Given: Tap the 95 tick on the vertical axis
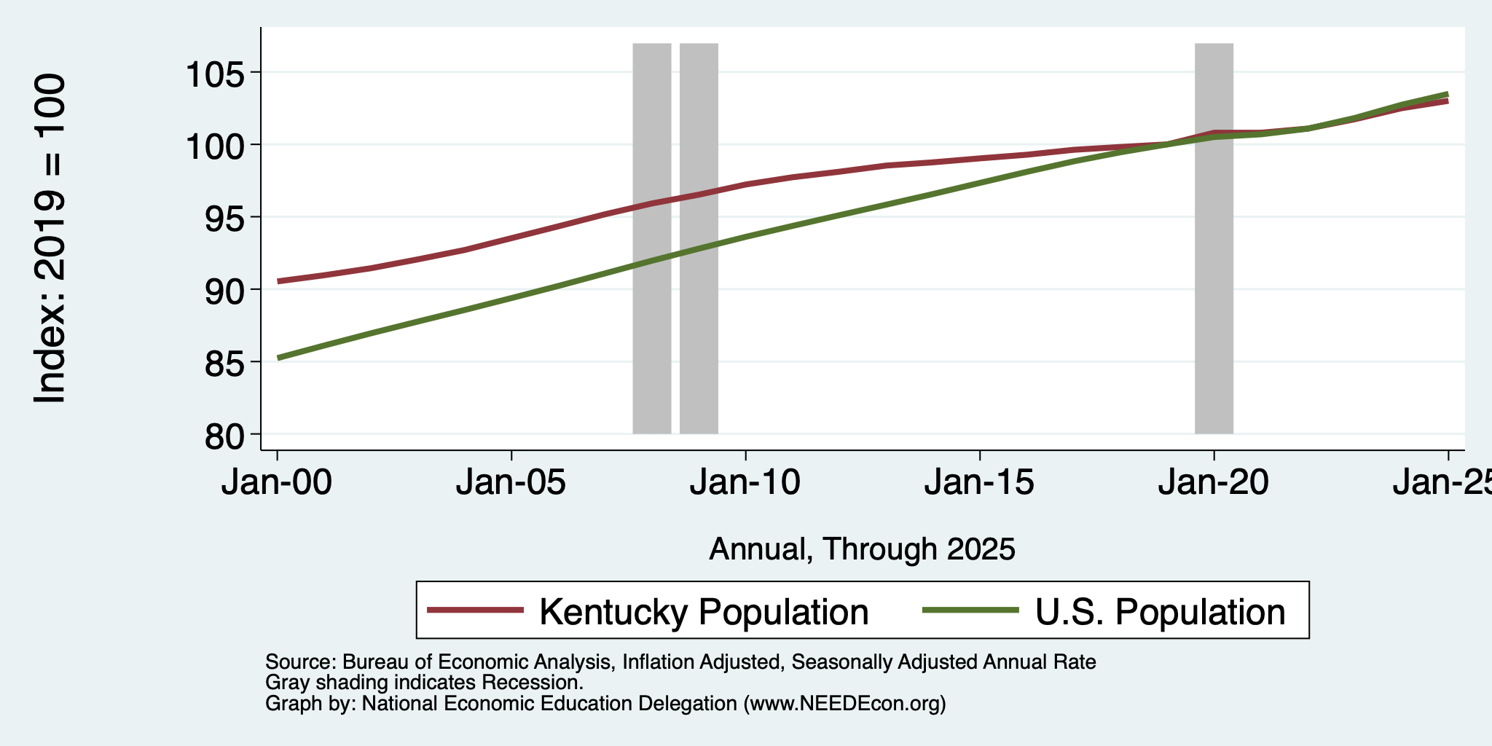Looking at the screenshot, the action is pos(225,217).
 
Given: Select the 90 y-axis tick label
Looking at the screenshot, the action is pos(225,290).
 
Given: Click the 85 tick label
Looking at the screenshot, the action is pos(225,362).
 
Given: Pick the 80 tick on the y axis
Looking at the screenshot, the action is pos(225,435).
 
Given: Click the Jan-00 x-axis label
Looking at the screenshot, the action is pos(277,482).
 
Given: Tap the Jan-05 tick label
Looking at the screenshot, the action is pos(511,482).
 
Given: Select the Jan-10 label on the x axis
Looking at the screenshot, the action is pos(745,482).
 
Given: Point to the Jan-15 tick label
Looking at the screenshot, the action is pos(980,482).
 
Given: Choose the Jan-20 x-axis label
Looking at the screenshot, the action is pos(1214,482).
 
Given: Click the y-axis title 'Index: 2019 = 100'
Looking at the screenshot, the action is pos(50,238).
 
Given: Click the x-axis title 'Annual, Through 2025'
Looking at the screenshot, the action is pos(862,549).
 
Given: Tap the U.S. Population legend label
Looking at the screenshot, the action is pos(1161,611).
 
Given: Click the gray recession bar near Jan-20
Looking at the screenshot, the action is pos(1214,238).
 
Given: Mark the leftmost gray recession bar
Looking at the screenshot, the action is pos(652,238).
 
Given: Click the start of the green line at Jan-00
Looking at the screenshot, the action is pos(278,358).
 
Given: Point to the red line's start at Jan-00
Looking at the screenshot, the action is pos(278,281).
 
